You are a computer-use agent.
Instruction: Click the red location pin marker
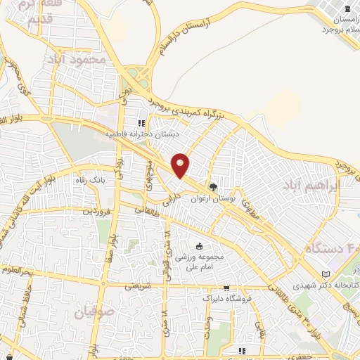(x=181, y=165)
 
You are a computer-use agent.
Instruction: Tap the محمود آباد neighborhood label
(x=78, y=60)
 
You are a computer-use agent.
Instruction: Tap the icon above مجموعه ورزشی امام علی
(x=200, y=246)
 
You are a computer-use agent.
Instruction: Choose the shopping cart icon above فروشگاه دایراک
(x=226, y=288)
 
